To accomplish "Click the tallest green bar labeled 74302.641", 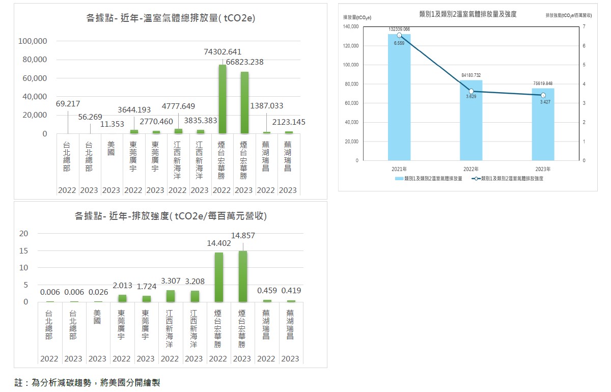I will click(222, 99).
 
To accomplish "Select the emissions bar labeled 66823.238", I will click(244, 102).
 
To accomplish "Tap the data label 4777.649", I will click(178, 106).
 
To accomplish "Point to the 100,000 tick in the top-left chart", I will click(33, 41).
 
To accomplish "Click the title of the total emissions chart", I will click(171, 18).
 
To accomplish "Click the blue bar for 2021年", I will click(399, 97).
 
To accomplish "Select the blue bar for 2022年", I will click(471, 120).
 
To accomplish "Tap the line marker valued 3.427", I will click(543, 95).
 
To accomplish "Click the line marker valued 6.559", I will click(399, 35).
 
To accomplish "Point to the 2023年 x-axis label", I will click(543, 169).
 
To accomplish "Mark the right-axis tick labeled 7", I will click(585, 26).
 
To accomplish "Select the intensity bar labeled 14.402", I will click(218, 277).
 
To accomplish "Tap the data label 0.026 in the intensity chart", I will click(98, 292).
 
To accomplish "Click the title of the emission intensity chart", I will click(171, 216).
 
